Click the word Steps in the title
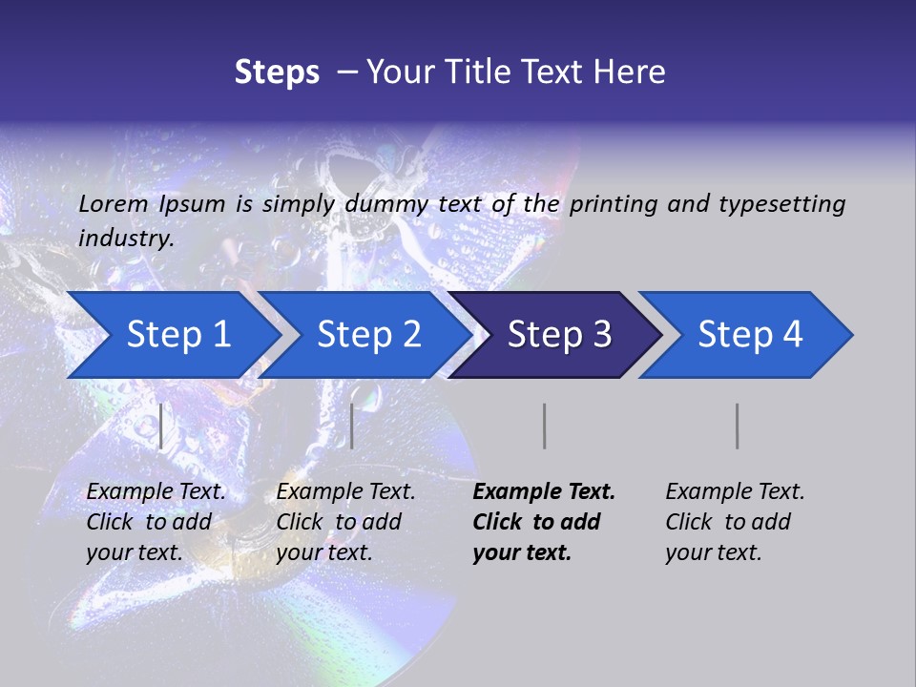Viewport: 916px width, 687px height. (x=277, y=73)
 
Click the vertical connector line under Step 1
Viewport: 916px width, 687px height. (x=161, y=426)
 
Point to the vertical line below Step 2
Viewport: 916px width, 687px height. (x=352, y=426)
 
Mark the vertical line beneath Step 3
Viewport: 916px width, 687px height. (x=544, y=426)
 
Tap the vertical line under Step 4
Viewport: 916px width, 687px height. (x=737, y=426)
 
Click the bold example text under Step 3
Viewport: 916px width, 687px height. (x=543, y=522)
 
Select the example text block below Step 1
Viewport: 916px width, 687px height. (x=156, y=522)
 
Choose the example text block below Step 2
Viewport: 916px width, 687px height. (x=345, y=522)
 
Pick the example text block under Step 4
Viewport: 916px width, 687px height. (x=734, y=522)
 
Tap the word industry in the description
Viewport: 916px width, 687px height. (x=126, y=239)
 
